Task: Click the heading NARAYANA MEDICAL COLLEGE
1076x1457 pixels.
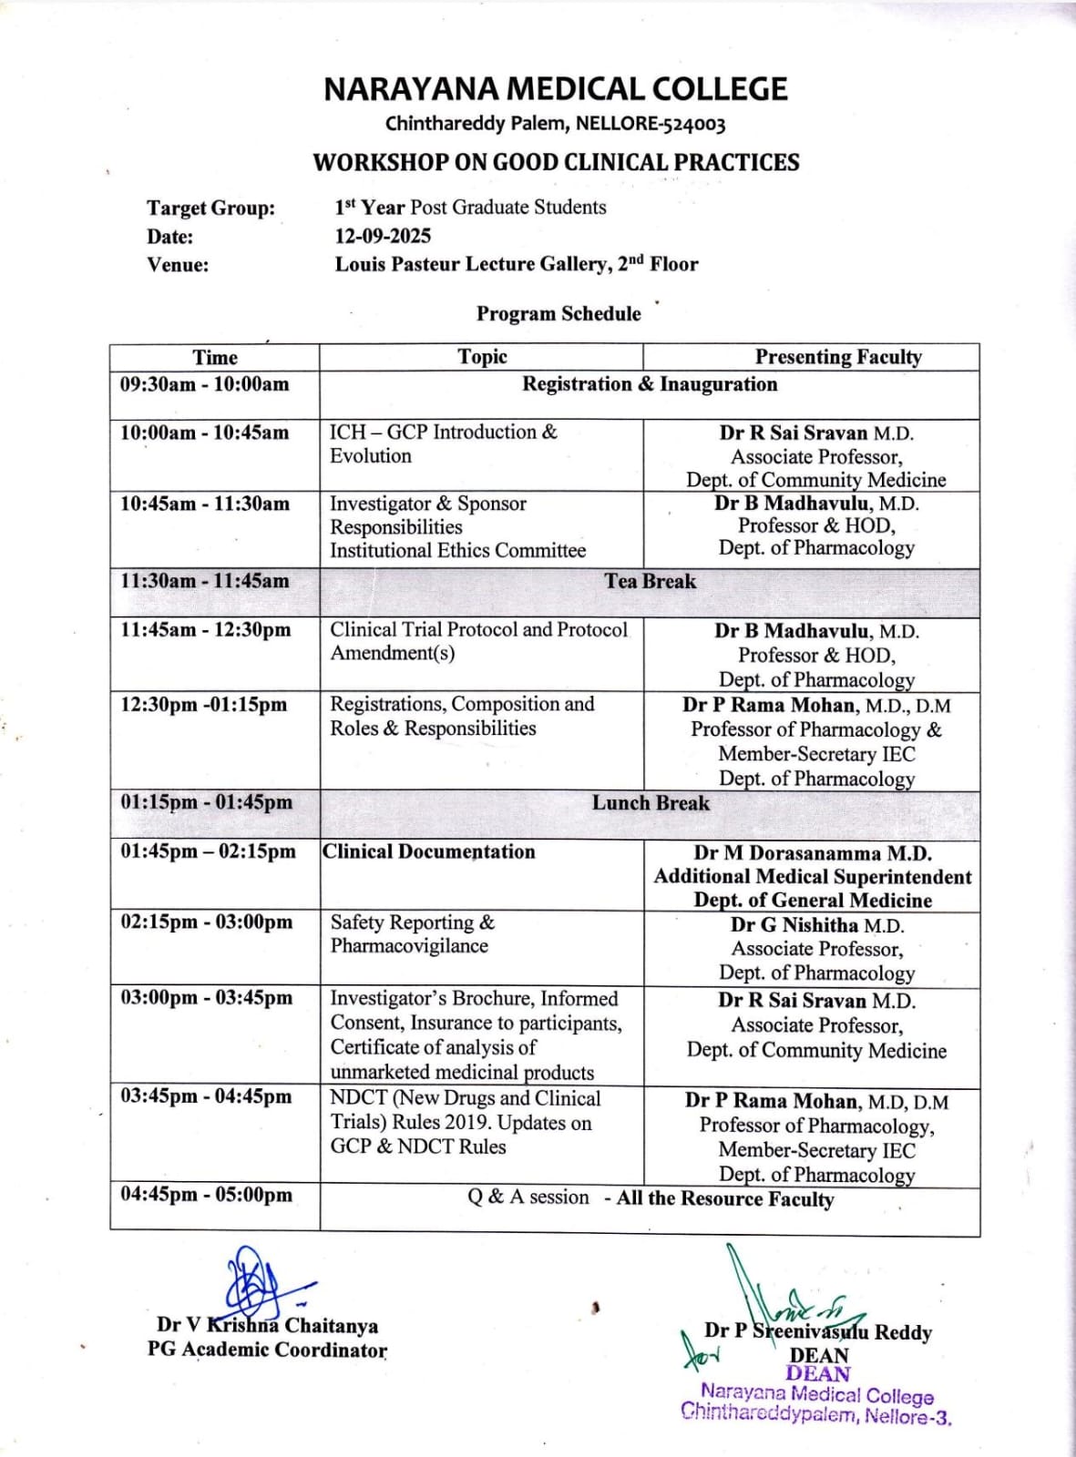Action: tap(555, 89)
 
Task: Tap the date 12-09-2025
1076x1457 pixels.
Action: tap(383, 236)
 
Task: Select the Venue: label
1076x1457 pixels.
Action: tap(178, 265)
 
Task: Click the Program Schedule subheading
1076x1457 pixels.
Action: tap(558, 313)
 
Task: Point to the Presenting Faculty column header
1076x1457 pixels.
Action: tap(837, 357)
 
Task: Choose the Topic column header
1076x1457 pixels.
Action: tap(482, 357)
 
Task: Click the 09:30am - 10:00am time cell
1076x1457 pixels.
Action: tap(205, 384)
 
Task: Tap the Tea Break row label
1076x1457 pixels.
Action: tap(650, 581)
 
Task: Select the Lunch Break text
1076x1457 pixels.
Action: tap(651, 803)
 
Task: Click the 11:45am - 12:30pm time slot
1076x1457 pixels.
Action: tap(206, 629)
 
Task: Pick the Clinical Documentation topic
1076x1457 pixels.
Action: tap(429, 851)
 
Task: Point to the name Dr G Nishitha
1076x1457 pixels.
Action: tap(794, 925)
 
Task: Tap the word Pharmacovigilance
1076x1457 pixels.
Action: tap(409, 946)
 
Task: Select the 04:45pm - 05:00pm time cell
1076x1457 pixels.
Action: tap(207, 1195)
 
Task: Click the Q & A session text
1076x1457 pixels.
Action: tap(528, 1197)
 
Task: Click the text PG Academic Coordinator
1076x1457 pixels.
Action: tap(267, 1350)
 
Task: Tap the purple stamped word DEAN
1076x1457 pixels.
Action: tap(818, 1373)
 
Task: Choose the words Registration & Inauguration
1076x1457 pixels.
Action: tap(650, 384)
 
